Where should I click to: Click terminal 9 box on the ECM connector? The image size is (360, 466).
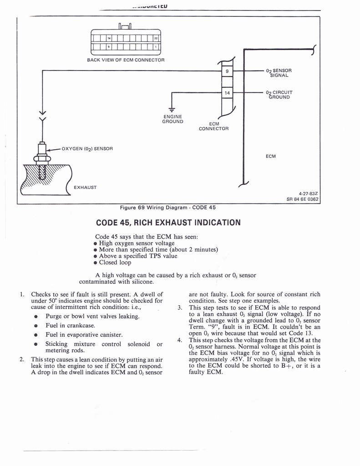227,71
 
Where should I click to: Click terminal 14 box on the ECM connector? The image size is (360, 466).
227,93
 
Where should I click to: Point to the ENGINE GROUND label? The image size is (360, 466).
173,119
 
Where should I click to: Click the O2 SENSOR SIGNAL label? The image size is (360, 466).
279,73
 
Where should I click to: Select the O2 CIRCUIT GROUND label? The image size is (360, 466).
279,94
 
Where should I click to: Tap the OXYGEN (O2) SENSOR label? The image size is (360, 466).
87,149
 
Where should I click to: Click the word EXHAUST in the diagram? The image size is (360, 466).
85,187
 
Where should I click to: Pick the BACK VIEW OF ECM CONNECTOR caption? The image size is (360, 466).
126,60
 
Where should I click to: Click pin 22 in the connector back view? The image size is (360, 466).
156,38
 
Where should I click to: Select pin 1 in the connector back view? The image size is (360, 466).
156,46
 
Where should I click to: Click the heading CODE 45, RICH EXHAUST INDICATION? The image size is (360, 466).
168,223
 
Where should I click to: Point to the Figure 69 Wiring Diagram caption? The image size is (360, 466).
167,208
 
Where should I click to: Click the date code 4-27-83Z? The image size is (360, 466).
309,193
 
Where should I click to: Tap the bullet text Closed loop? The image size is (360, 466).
115,262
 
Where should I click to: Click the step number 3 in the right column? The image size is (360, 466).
180,308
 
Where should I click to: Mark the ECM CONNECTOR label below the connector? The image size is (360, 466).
213,126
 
